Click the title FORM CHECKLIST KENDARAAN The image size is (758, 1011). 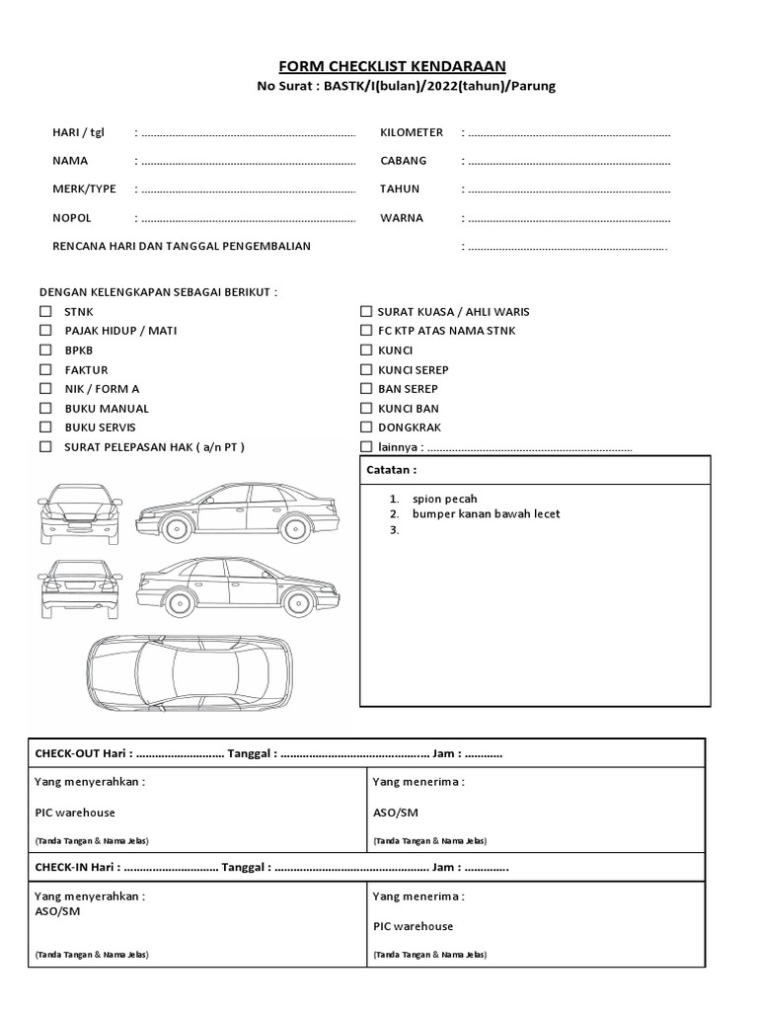coord(392,66)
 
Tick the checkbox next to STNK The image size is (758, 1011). coord(45,312)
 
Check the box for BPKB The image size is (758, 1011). coord(45,350)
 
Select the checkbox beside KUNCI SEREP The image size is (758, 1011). coord(366,370)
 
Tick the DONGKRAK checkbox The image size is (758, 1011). coord(366,428)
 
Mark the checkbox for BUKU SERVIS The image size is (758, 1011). coord(45,428)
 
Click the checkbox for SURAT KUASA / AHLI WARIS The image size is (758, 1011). coord(366,312)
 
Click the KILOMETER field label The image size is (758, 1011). coord(412,132)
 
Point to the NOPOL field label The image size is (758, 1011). coord(72,218)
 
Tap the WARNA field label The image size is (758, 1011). coord(402,218)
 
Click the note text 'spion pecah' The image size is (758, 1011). coord(444,499)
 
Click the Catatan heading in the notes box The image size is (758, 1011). coord(392,471)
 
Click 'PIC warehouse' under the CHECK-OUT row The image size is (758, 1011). coord(75,813)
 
